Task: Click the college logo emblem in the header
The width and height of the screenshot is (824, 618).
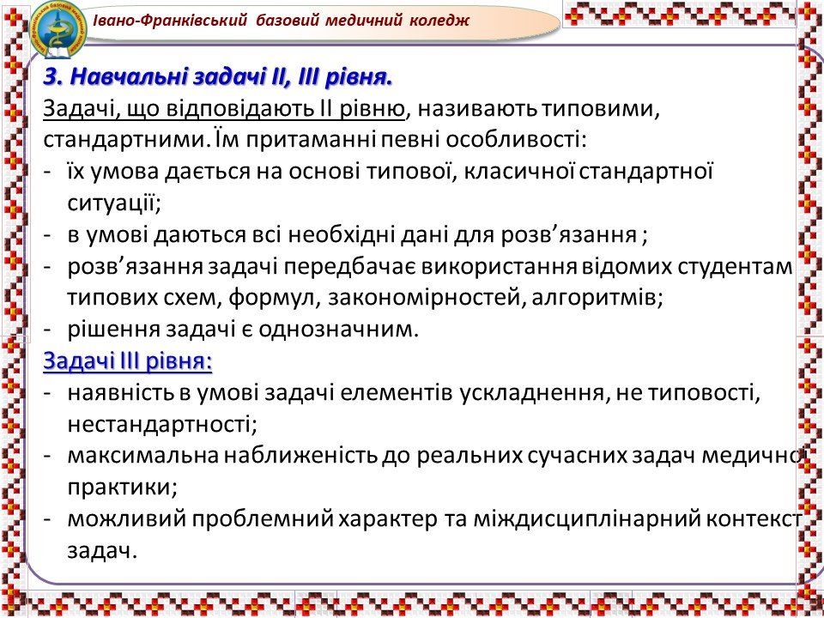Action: pos(58,29)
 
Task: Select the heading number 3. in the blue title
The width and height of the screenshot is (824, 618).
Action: pos(53,77)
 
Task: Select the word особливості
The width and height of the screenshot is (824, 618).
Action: pos(516,141)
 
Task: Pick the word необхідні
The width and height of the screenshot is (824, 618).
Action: pos(342,235)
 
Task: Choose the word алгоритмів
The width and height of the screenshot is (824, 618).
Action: pos(597,298)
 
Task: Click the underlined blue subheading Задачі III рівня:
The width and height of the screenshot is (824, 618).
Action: pos(128,361)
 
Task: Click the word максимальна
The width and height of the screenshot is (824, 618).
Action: pos(142,456)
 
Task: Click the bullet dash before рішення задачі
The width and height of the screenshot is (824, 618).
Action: pos(48,330)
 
